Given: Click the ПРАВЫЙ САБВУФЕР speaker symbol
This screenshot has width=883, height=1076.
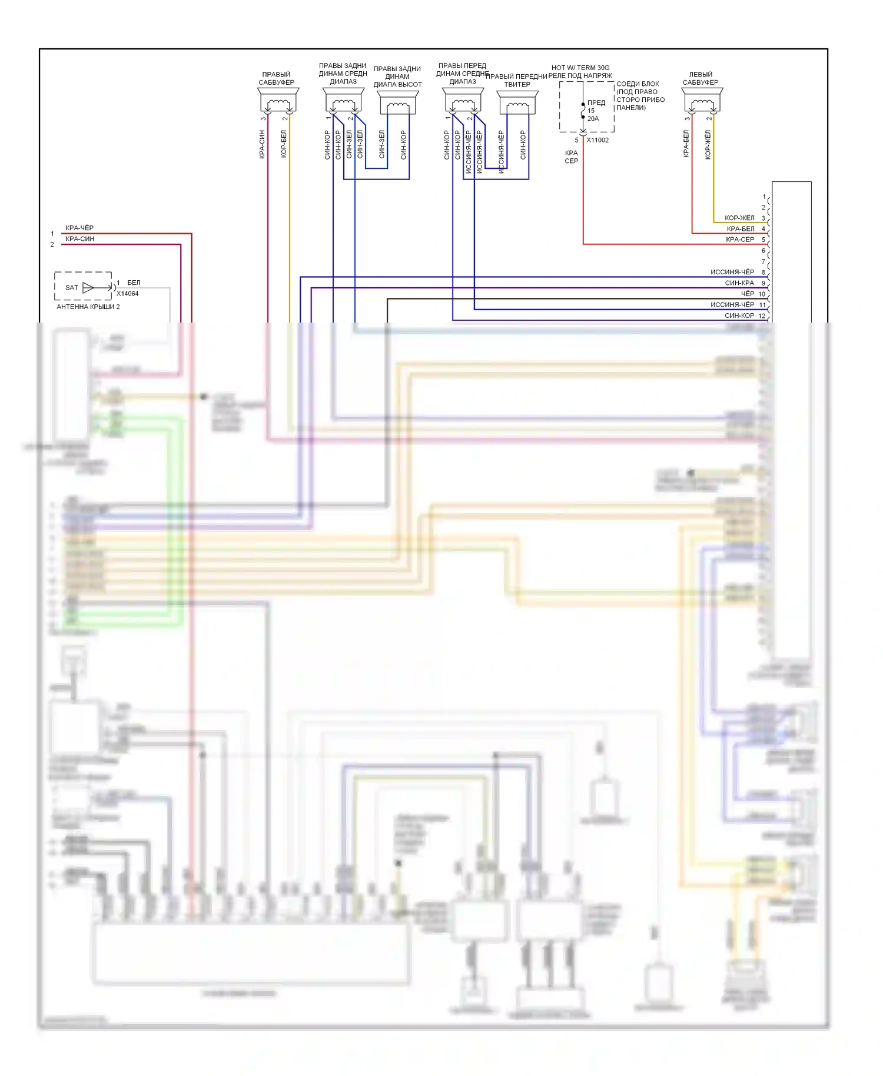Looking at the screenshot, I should click(x=278, y=101).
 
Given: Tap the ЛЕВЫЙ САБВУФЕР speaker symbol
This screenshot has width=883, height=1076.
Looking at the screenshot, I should click(x=702, y=101).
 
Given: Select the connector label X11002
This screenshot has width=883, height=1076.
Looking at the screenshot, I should click(x=597, y=140).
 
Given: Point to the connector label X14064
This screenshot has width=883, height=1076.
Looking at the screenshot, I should click(x=128, y=294).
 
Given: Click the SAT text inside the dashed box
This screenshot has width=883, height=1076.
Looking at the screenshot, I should click(x=72, y=288).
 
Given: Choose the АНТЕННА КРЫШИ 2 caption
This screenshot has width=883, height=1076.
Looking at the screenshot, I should click(x=88, y=307).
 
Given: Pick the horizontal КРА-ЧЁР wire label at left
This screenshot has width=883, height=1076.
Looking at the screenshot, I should click(x=79, y=228).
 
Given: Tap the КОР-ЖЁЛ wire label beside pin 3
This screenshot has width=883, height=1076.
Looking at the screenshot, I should click(x=739, y=218).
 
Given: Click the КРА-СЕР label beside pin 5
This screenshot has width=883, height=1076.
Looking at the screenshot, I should click(x=740, y=240).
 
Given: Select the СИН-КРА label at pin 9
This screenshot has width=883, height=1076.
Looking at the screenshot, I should click(x=739, y=283).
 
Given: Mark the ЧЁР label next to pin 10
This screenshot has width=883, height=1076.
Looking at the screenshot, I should click(x=747, y=294).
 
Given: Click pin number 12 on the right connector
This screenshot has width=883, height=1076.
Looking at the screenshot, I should click(x=762, y=316).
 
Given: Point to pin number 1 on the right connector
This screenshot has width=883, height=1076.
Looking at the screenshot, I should click(x=764, y=197).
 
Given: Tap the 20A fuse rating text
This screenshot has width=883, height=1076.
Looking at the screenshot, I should click(x=593, y=118).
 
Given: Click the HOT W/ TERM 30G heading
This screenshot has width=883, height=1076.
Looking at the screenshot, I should click(x=580, y=68).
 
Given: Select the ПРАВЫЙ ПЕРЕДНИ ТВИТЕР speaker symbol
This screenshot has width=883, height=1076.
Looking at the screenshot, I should click(x=517, y=102).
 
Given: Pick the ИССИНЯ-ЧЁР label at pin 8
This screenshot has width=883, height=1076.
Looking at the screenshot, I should click(x=732, y=272).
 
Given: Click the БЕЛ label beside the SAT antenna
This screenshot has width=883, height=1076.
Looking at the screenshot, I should click(x=134, y=283).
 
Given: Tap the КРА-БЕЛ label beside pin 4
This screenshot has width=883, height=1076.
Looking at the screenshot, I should click(x=741, y=229).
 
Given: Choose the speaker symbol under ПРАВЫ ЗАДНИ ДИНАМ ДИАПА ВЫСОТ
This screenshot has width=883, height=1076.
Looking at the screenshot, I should click(x=398, y=102).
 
